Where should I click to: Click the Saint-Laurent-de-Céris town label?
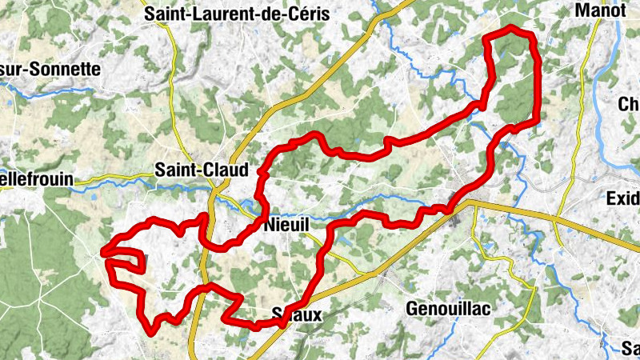(x=236, y=13)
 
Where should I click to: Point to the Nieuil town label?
(x=286, y=226)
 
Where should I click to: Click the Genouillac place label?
(x=448, y=308)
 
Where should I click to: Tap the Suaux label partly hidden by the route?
(x=298, y=315)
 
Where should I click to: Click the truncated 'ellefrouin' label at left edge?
(x=36, y=182)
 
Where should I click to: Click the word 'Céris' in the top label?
(x=307, y=13)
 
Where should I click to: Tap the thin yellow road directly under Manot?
(x=588, y=56)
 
